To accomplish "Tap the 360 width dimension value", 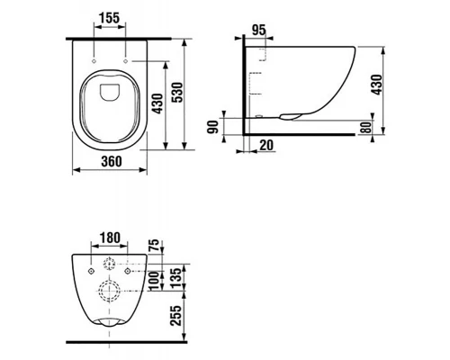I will coord(110,162).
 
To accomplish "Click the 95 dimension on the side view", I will coord(261,31).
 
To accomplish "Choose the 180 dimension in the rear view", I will coord(111,238).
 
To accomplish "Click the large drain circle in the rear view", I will coord(111,291).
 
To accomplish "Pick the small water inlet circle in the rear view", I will coord(111,264).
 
